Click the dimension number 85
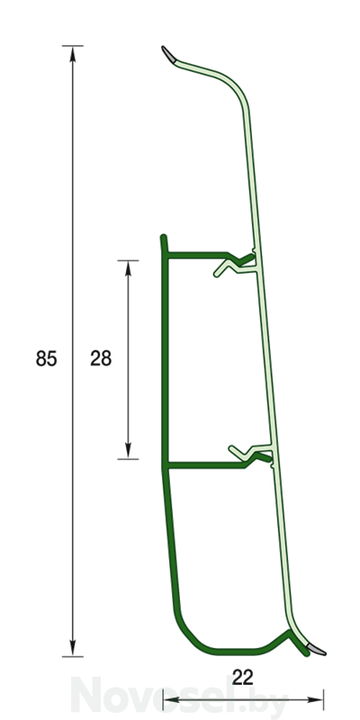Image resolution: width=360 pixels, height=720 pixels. (x=47, y=358)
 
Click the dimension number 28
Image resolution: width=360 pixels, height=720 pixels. (x=101, y=358)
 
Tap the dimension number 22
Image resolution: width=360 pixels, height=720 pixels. (x=242, y=678)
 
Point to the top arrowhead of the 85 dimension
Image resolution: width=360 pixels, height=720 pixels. (x=73, y=53)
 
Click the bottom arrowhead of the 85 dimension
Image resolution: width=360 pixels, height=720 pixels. (x=73, y=648)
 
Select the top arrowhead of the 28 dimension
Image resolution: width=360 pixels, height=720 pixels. (x=128, y=268)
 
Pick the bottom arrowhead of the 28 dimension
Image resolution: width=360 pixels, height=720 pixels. (x=128, y=451)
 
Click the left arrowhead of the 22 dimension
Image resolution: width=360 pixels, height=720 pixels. (x=171, y=700)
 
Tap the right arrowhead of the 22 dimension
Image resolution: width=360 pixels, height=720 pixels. (x=316, y=700)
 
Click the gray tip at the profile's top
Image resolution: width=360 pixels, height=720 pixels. (x=168, y=53)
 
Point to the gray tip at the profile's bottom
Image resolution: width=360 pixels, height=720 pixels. (x=317, y=649)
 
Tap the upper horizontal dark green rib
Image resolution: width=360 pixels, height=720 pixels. (x=197, y=256)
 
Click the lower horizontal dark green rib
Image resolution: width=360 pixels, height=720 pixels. (x=206, y=465)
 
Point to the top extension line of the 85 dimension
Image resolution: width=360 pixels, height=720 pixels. (x=73, y=46)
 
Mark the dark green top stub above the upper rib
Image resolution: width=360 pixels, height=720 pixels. (x=164, y=243)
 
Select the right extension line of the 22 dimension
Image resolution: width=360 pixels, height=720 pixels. (x=323, y=700)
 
